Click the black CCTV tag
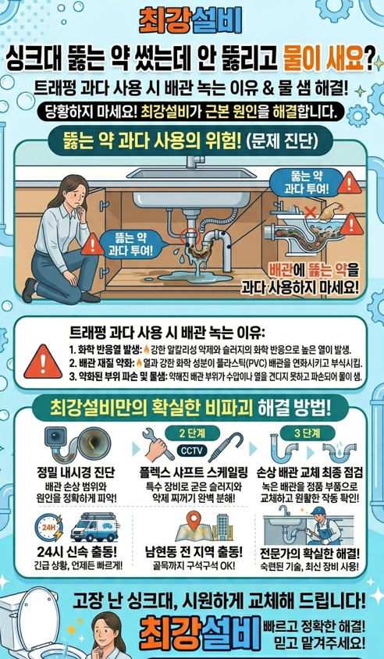(x=191, y=451)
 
